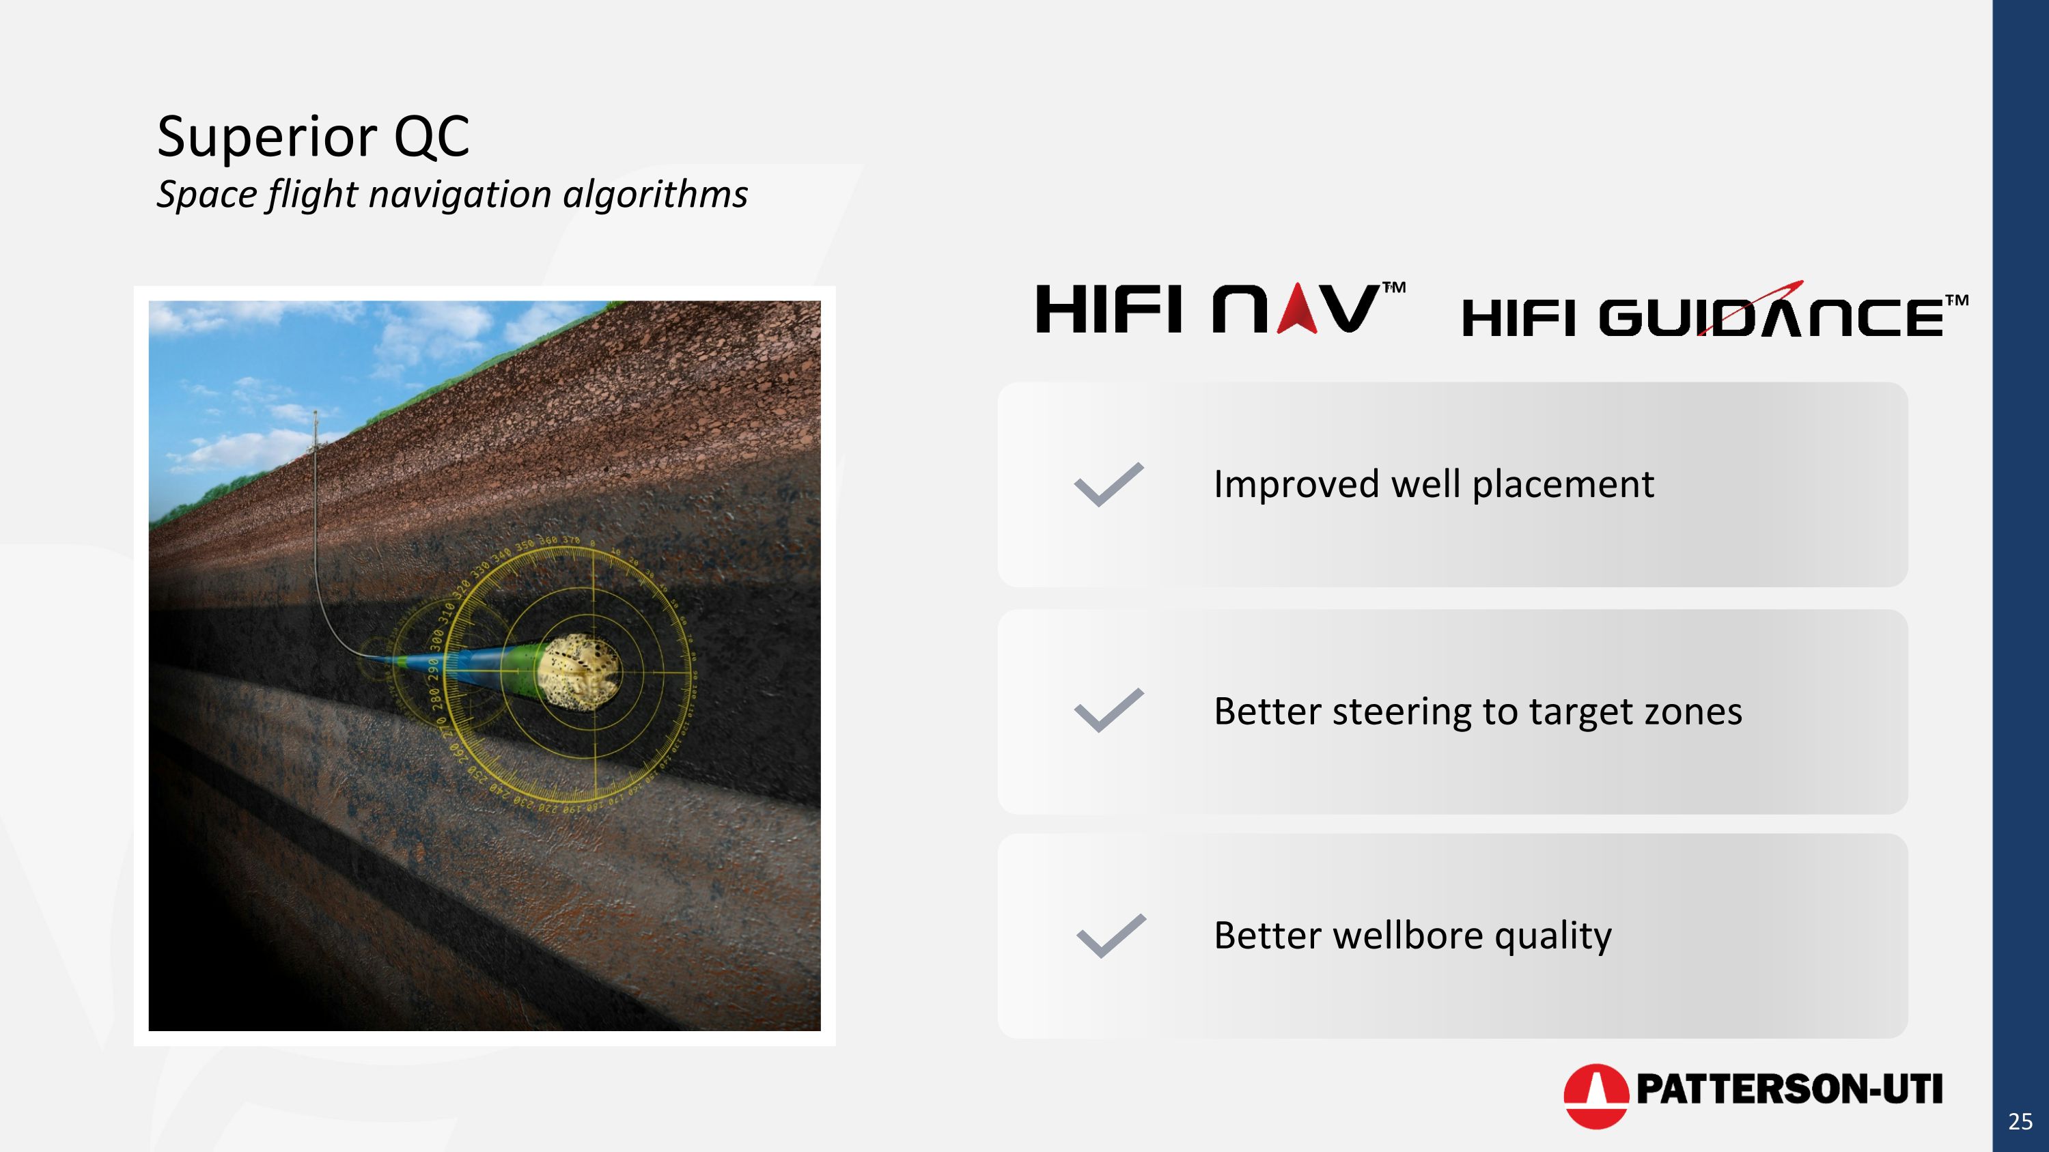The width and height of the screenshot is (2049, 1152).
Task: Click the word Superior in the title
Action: point(266,137)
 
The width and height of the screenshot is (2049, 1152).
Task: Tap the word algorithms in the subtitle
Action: point(656,195)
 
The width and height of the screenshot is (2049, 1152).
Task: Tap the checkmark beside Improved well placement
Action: point(1108,484)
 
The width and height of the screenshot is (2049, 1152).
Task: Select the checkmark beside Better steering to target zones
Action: point(1108,710)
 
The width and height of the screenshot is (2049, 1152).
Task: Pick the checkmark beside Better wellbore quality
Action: point(1111,936)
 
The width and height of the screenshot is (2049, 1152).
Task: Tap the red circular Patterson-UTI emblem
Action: point(1595,1097)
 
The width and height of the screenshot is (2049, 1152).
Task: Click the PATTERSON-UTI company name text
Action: point(1789,1089)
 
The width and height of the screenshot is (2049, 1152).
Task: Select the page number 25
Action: point(2020,1122)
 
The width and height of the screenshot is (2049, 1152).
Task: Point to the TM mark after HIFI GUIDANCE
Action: point(1957,300)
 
